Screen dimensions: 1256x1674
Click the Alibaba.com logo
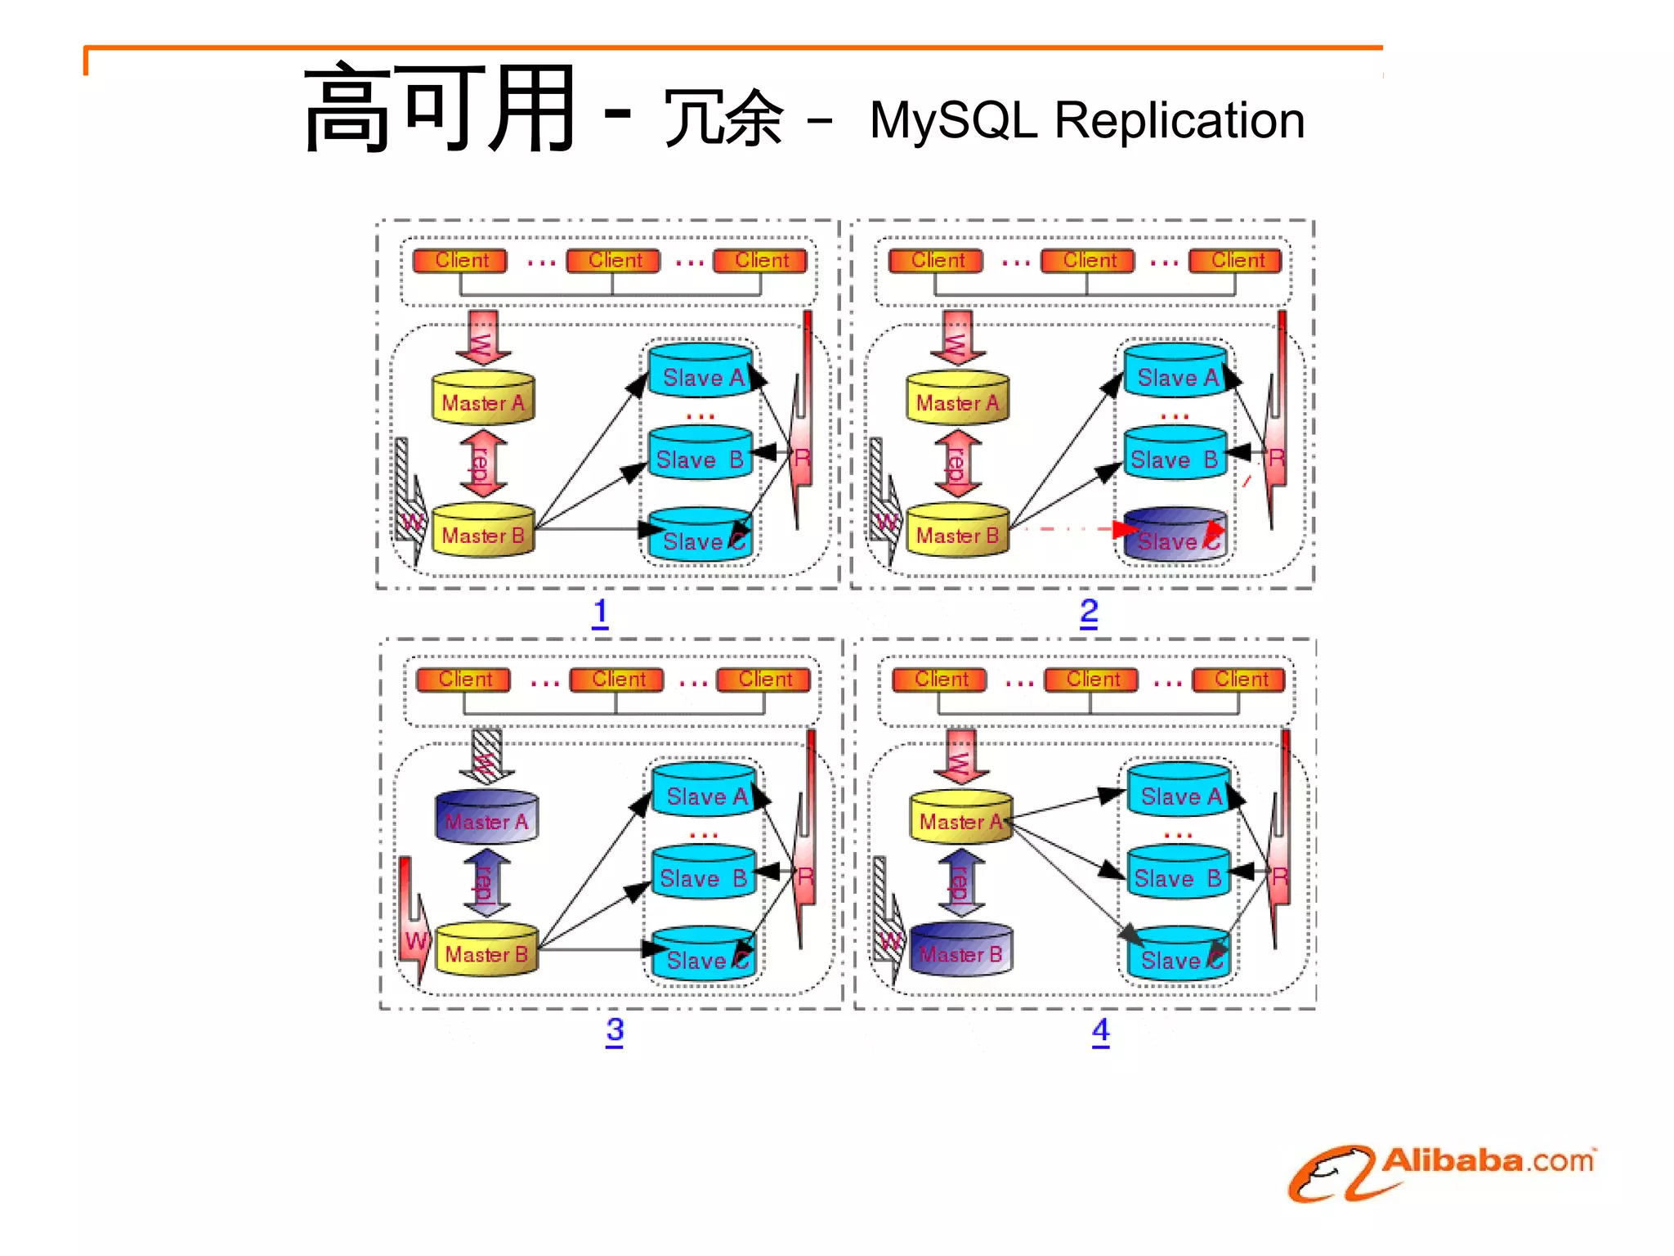(x=1440, y=1171)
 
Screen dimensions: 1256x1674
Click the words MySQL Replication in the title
(x=1086, y=120)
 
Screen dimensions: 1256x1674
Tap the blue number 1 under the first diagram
(x=600, y=612)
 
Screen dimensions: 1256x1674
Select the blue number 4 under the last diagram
(x=1100, y=1030)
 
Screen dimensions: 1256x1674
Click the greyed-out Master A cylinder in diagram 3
(x=486, y=817)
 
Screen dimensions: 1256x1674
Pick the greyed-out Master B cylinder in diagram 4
(x=960, y=949)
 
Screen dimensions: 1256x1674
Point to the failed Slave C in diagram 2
(x=1174, y=536)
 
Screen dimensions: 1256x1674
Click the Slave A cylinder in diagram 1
(x=700, y=371)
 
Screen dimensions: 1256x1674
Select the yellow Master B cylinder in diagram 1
(x=482, y=532)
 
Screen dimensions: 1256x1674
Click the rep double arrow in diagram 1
(x=482, y=464)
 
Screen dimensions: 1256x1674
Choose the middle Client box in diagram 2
(x=1088, y=261)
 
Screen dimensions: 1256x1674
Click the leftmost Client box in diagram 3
(x=463, y=680)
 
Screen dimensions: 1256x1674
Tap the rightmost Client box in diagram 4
(x=1239, y=680)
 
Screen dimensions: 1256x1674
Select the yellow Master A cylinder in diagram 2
(x=957, y=399)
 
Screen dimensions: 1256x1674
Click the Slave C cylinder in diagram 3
(x=703, y=954)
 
